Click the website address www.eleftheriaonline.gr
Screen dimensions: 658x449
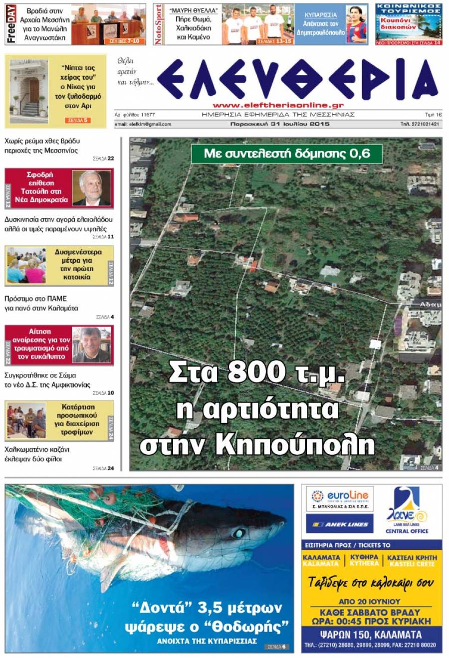point(278,105)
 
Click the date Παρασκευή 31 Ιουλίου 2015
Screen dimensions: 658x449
point(280,124)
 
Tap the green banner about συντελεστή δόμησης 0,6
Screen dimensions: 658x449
point(287,154)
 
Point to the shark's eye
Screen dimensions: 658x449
point(239,533)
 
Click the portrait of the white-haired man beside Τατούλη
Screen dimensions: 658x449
point(91,188)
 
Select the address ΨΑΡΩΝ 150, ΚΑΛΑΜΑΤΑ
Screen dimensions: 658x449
point(371,635)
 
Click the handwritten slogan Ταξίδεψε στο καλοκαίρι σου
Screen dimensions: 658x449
point(371,583)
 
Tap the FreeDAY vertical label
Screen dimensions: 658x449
point(11,24)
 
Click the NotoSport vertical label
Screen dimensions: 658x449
point(159,24)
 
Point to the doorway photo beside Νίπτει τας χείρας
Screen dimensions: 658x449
point(29,91)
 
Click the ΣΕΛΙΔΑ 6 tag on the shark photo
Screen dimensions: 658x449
point(277,647)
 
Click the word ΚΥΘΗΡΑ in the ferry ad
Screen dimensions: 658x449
point(364,557)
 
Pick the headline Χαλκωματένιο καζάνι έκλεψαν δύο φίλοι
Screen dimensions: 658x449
point(37,454)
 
